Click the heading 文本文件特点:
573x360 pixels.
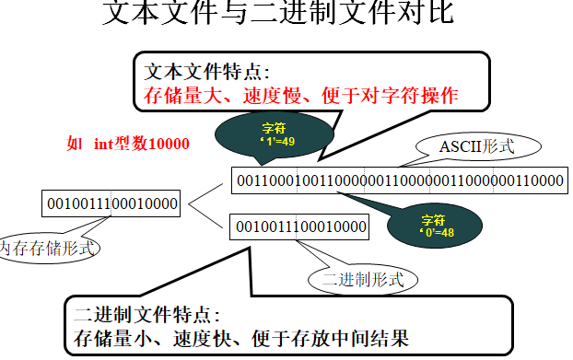click(208, 72)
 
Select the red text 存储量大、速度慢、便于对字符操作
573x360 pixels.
click(301, 94)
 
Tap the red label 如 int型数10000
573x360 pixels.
click(128, 144)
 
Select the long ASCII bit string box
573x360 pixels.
click(399, 180)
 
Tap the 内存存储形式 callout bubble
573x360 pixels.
click(48, 247)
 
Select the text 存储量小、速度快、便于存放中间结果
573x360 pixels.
click(241, 339)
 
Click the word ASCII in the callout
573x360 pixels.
click(460, 145)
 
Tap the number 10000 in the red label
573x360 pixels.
click(169, 144)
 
